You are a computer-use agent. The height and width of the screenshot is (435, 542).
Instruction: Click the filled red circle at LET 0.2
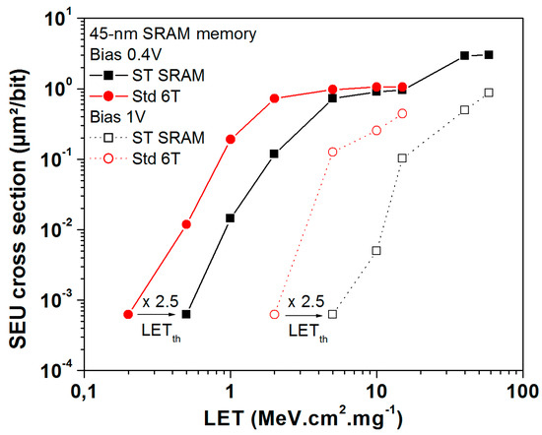click(x=128, y=314)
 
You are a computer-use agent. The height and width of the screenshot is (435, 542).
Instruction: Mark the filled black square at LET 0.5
click(x=186, y=314)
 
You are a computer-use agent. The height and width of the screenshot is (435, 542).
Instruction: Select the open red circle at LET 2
click(x=274, y=314)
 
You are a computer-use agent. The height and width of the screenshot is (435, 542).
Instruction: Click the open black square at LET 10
click(x=376, y=251)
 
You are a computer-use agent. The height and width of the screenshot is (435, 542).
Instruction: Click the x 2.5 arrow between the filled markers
click(x=158, y=314)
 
